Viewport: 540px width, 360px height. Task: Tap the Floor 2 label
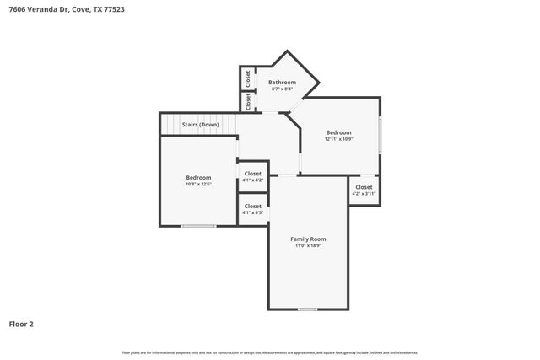point(21,324)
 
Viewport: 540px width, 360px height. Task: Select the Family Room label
point(308,239)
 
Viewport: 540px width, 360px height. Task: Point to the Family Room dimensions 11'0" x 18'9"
point(308,245)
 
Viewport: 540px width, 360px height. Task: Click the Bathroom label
point(282,82)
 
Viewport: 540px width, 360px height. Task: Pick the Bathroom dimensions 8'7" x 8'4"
point(282,89)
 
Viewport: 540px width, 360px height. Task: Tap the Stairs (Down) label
point(200,125)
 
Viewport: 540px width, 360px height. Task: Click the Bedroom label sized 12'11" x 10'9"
point(338,132)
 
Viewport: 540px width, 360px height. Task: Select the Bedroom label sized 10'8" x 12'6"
point(198,177)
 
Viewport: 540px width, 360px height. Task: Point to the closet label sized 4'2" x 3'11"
point(364,187)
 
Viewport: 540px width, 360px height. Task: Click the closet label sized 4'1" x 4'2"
point(252,174)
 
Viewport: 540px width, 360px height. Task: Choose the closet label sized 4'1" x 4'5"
point(252,206)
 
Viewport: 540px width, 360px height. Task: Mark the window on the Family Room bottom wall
point(308,309)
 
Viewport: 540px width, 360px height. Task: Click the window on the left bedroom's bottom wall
point(198,225)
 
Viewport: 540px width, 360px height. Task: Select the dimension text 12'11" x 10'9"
point(338,139)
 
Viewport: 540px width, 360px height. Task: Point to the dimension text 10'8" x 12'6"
point(198,184)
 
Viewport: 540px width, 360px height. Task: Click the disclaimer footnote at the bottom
point(269,352)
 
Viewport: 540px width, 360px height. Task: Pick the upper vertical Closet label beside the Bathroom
point(247,78)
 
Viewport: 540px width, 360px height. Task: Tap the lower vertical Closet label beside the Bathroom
point(247,101)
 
